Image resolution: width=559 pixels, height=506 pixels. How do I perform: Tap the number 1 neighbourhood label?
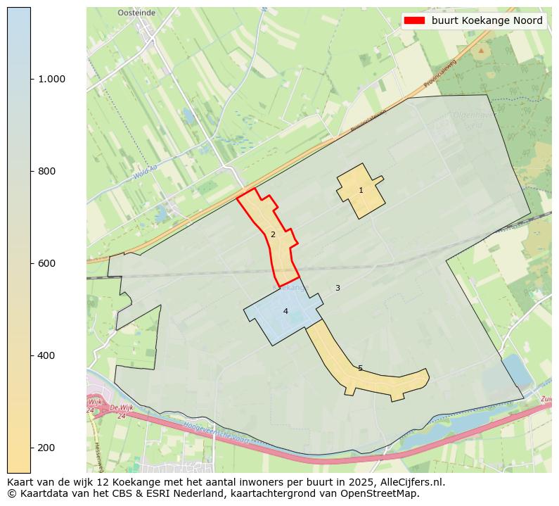click(x=361, y=190)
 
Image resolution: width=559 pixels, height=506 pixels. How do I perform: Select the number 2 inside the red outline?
click(x=273, y=234)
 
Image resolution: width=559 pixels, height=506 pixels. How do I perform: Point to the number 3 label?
click(x=338, y=288)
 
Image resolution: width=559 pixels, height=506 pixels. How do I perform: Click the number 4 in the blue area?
click(x=285, y=311)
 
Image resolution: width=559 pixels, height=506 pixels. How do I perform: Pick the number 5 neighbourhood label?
click(x=360, y=368)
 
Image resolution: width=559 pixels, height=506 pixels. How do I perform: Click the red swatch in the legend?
click(x=415, y=20)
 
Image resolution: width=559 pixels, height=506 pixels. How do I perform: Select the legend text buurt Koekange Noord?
click(x=487, y=20)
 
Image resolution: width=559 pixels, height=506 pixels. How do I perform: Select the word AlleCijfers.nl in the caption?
click(x=411, y=482)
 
